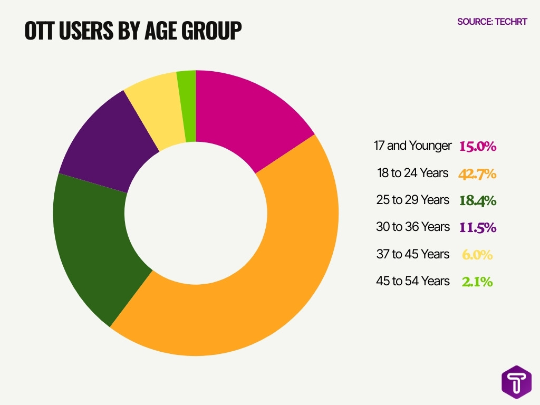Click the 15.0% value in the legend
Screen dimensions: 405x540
[x=477, y=146]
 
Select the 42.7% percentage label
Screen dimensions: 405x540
[x=477, y=173]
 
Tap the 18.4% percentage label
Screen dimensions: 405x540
[x=477, y=200]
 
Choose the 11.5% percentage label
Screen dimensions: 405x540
[x=477, y=227]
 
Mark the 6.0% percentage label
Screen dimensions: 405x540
[x=477, y=255]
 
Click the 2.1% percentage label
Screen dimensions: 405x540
[x=477, y=282]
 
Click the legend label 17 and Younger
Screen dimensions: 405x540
[x=413, y=146]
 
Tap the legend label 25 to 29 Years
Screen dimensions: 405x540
[x=413, y=200]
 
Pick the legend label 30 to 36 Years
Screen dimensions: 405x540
[x=413, y=227]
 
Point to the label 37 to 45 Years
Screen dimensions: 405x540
[x=413, y=254]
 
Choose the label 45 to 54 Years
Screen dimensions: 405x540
[x=413, y=281]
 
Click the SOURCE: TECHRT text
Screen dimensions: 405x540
[x=491, y=22]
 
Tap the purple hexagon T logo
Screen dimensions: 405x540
[x=516, y=382]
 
